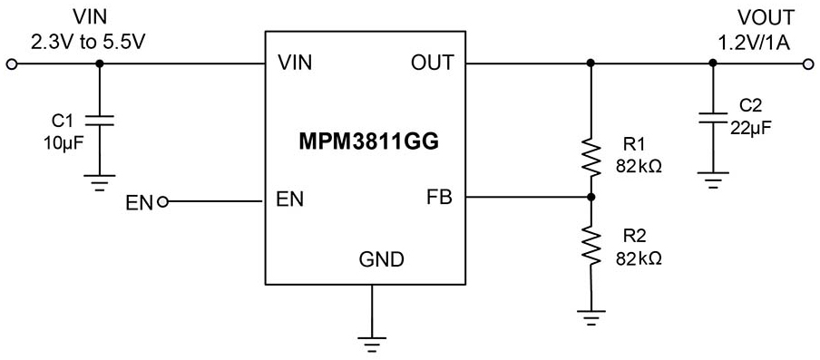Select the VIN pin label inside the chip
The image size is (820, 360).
(x=296, y=63)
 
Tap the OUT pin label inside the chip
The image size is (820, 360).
(x=433, y=63)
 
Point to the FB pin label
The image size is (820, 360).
(x=438, y=197)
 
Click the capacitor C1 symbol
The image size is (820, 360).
(x=100, y=122)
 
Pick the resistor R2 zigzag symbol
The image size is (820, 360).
(x=591, y=246)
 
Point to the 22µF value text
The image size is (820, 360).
(x=754, y=128)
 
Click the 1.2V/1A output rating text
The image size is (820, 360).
(x=753, y=40)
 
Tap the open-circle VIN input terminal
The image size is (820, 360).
(x=12, y=63)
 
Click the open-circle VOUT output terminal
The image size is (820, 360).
(x=808, y=63)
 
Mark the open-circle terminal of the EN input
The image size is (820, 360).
(x=163, y=201)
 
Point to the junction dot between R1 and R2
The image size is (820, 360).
(x=591, y=197)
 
